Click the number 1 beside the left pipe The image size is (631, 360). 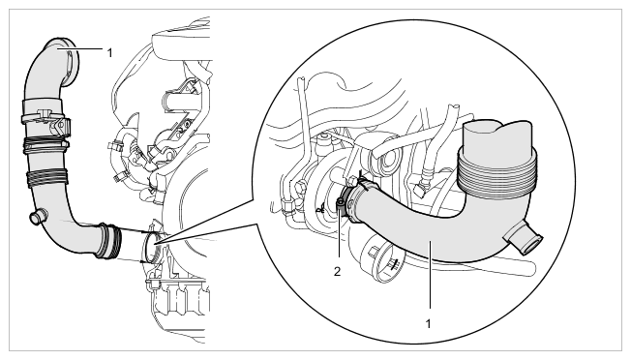(110, 52)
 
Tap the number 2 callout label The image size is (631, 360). (337, 272)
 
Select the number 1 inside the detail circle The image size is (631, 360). (428, 323)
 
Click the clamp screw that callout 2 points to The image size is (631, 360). (340, 202)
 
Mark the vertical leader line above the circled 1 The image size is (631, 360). (431, 275)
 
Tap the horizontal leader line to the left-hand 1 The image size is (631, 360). (80, 48)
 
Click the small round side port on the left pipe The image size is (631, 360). (38, 217)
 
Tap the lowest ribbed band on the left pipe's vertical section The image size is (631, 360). (47, 178)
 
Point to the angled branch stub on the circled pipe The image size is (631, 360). (524, 238)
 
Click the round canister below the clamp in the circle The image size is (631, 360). (381, 260)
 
